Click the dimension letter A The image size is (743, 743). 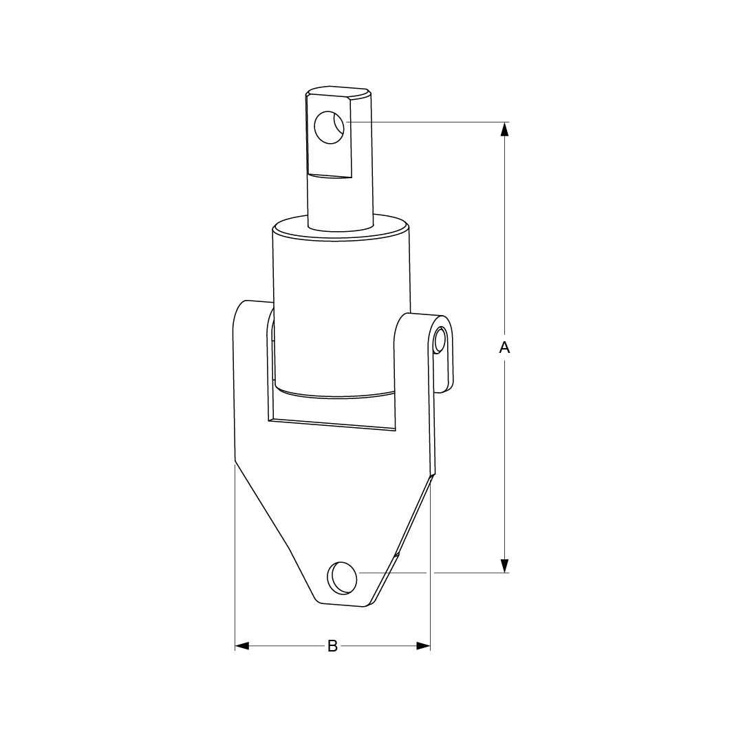coord(505,347)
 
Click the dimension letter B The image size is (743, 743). coord(333,646)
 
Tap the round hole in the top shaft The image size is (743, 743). coord(330,127)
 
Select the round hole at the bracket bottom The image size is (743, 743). coord(342,578)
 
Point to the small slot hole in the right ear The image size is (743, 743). coord(440,339)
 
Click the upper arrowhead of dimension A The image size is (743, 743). coord(505,129)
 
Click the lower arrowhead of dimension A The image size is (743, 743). coord(505,566)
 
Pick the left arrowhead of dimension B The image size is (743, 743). coord(242,646)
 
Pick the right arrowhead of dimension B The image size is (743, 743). coord(423,646)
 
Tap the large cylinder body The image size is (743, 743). coord(341,313)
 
